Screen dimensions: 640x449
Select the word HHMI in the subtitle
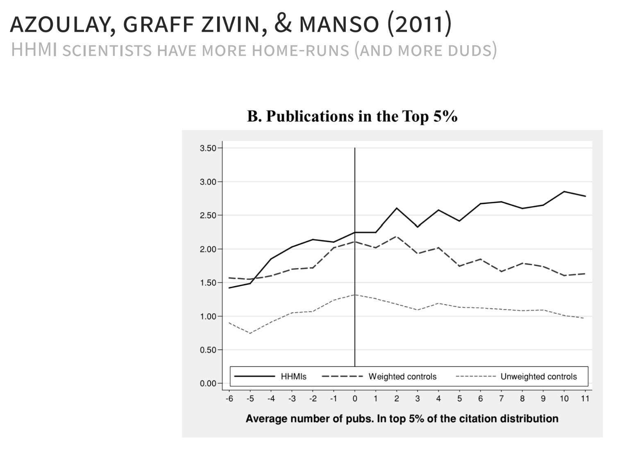[x=34, y=50]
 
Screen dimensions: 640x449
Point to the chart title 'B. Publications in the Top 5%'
[x=352, y=116]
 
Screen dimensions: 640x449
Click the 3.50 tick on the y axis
[x=208, y=148]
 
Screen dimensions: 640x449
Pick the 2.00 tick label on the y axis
[x=208, y=249]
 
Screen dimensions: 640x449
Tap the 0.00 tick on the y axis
[x=208, y=383]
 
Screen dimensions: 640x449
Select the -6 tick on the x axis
[x=229, y=399]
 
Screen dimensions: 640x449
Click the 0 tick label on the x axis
[x=355, y=399]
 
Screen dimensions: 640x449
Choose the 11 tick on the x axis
[x=585, y=399]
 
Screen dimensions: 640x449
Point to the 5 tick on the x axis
[x=459, y=399]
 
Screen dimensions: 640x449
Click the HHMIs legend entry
[x=270, y=377]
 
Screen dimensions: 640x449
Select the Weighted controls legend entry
[x=379, y=377]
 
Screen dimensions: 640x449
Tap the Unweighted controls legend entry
[x=516, y=377]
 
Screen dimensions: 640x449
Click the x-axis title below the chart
[x=402, y=419]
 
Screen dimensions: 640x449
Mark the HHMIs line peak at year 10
[x=564, y=191]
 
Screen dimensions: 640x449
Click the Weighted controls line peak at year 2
[x=397, y=236]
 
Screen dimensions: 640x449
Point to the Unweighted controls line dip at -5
[x=250, y=333]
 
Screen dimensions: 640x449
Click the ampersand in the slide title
[x=283, y=24]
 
